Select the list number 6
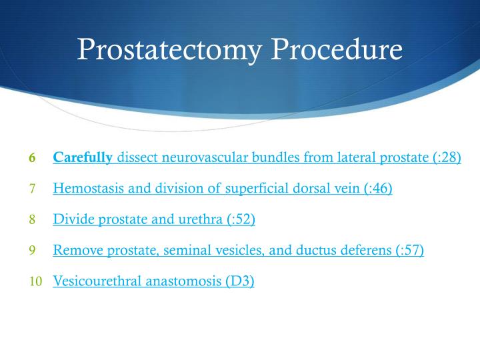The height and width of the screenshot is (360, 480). coord(32,159)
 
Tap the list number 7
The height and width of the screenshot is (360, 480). coord(32,189)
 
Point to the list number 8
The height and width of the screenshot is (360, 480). coord(32,219)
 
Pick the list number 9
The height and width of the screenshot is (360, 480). coord(32,251)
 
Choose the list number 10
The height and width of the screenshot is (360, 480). coord(35,281)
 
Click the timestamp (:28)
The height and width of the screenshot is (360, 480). coord(443,158)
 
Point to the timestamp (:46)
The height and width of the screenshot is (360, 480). coord(375,189)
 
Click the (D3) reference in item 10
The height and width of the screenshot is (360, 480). coord(239,281)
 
